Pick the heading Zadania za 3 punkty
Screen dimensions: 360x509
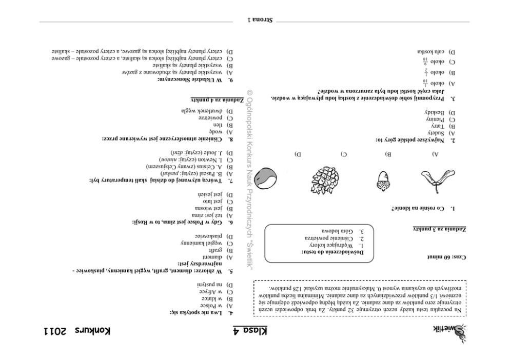click(x=440, y=228)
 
